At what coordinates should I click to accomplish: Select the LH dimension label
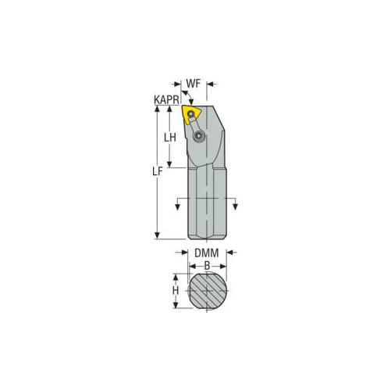pos(169,138)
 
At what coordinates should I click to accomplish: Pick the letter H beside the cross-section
pos(176,290)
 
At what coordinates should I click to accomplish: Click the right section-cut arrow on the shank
pos(233,206)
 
